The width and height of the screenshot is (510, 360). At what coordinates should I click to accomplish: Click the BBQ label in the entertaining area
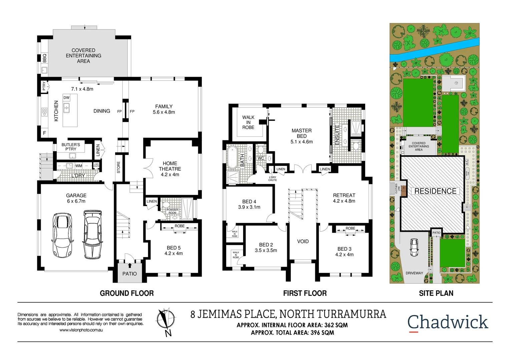(x=45, y=58)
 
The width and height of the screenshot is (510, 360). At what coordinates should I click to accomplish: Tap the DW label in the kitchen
(x=66, y=98)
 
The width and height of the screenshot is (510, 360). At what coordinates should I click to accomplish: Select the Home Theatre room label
(x=170, y=166)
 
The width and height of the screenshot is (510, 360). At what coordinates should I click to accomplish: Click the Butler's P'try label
(x=71, y=147)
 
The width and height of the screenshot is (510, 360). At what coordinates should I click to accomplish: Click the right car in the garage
(x=92, y=234)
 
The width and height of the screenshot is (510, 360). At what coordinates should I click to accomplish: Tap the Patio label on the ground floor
(x=129, y=274)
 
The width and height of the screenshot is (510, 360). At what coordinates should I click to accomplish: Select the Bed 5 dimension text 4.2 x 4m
(x=173, y=253)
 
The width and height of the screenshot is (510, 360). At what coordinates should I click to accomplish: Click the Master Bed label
(x=302, y=133)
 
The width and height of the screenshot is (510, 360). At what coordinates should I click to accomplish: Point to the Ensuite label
(x=337, y=135)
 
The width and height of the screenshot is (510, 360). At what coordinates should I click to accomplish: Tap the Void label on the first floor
(x=303, y=241)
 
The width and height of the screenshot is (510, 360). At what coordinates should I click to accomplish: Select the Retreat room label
(x=344, y=195)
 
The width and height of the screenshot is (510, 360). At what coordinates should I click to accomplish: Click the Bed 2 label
(x=266, y=245)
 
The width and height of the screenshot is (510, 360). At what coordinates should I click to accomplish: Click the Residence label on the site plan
(x=435, y=191)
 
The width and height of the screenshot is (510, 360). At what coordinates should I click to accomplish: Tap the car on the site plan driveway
(x=414, y=247)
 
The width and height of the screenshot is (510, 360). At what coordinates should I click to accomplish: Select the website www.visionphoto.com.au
(x=81, y=330)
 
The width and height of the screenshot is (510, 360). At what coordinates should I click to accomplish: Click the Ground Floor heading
(x=127, y=293)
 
